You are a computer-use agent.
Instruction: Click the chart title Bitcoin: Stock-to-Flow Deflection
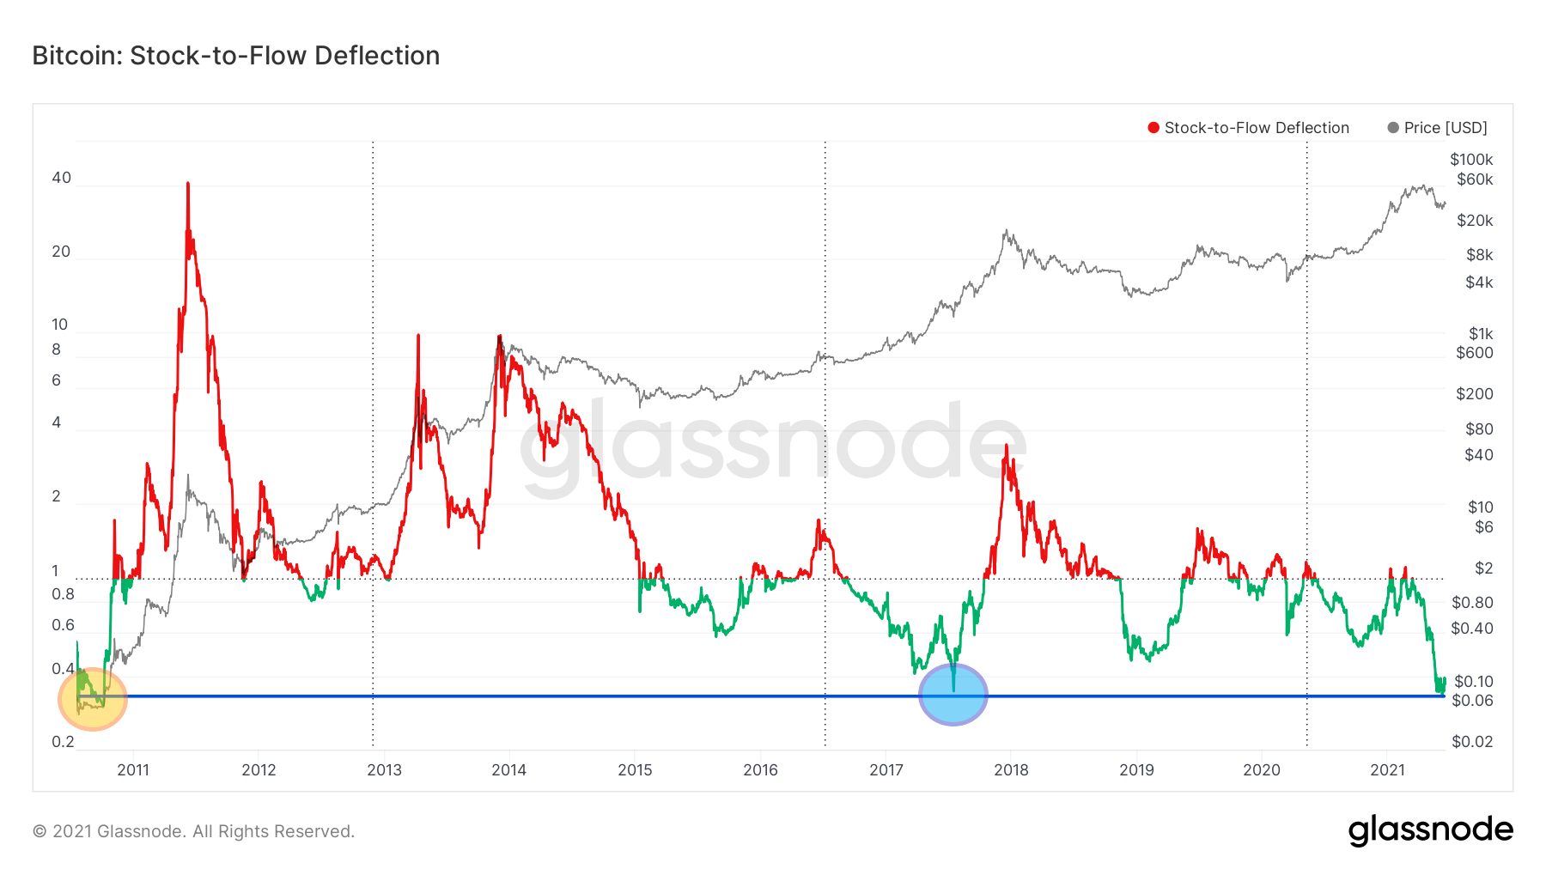pos(236,56)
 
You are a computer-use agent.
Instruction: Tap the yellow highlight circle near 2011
pos(93,699)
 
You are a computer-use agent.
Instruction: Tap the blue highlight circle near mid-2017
pos(953,695)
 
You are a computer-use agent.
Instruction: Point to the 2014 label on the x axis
pos(508,770)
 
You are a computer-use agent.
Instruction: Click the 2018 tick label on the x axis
pos(1011,770)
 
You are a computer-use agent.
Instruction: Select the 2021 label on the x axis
pos(1387,770)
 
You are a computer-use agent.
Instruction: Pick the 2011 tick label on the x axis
pos(133,770)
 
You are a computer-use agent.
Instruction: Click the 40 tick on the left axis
pos(61,178)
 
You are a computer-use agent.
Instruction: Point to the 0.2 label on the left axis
pos(63,742)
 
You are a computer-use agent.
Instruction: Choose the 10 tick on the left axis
pos(59,325)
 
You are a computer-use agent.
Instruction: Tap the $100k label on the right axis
pos(1471,160)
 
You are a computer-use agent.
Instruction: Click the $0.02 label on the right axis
pos(1472,742)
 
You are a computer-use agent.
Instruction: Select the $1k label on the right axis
pos(1481,334)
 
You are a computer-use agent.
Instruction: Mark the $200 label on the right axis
pos(1475,394)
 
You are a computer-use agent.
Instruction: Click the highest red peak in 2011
pos(187,185)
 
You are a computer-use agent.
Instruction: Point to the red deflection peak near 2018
pos(1006,447)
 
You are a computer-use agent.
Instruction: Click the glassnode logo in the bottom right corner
pos(1430,830)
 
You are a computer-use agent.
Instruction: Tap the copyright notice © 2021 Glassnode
pos(193,831)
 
